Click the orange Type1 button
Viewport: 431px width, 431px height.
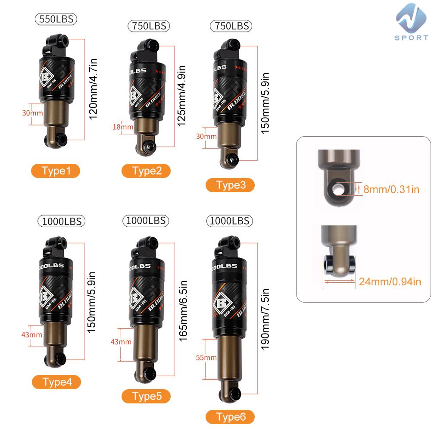(56, 171)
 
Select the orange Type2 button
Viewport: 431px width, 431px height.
(146, 171)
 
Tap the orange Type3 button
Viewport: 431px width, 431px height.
(230, 185)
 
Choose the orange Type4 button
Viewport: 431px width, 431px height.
(56, 382)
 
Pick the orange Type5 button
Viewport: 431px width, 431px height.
(146, 396)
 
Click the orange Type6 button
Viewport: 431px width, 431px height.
(230, 417)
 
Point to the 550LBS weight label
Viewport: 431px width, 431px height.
(56, 19)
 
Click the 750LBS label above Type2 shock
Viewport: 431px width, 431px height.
(149, 26)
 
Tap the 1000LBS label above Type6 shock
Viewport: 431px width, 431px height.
(230, 221)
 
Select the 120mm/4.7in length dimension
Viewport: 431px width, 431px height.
(94, 89)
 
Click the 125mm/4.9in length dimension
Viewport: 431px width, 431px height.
(182, 96)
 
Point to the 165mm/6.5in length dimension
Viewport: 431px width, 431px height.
(183, 311)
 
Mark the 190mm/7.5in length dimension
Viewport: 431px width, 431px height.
(265, 319)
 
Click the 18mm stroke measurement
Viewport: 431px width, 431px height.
(123, 127)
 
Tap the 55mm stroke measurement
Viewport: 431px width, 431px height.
(206, 358)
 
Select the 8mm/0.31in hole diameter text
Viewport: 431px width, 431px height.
(391, 189)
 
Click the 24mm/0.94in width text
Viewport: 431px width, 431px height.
(390, 281)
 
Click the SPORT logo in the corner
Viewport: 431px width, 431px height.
(412, 22)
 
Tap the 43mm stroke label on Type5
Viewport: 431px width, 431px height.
(121, 342)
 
